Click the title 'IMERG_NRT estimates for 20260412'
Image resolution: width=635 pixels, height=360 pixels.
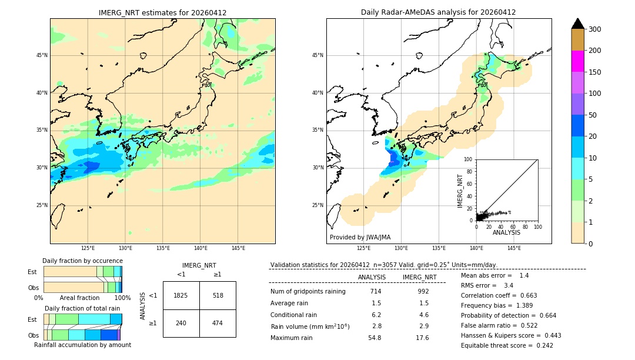[162, 12]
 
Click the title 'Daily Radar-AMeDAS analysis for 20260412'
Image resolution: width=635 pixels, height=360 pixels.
[438, 12]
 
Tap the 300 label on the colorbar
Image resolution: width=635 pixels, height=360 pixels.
[594, 29]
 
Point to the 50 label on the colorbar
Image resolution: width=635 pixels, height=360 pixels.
[593, 115]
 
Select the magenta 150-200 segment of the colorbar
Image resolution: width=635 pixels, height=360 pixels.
[577, 61]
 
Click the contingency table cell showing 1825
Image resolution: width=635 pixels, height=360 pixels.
[181, 295]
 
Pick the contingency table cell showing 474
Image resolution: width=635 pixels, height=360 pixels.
[218, 323]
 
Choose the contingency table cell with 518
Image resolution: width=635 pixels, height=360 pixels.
[218, 295]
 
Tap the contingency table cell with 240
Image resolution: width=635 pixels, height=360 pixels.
[181, 323]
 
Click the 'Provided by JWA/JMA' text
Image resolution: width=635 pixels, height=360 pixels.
[360, 238]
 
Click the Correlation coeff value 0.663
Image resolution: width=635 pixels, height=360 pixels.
[524, 295]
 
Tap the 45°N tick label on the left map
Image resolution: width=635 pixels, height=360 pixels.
[41, 55]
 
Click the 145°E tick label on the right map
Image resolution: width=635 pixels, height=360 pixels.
[514, 248]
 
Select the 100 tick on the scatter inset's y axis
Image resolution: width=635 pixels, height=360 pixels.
[468, 159]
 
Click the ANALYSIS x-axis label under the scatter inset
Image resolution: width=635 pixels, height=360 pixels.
[506, 233]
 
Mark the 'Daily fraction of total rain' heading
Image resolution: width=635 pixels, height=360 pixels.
[82, 308]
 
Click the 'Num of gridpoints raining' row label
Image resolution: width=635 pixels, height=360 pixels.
[308, 292]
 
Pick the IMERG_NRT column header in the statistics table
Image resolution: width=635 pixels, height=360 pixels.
[419, 277]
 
